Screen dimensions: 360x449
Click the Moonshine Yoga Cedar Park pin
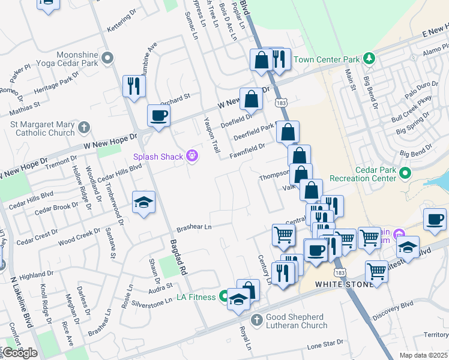[107, 58]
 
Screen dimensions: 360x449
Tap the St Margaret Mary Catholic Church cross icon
[84, 127]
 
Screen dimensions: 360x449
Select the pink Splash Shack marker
[192, 156]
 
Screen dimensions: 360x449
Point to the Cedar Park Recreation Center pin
[405, 174]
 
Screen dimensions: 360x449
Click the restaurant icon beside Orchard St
[134, 86]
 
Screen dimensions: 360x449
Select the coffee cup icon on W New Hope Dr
[159, 116]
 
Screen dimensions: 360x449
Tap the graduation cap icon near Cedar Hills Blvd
[144, 202]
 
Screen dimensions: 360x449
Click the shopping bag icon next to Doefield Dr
[251, 99]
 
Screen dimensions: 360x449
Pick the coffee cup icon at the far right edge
[435, 219]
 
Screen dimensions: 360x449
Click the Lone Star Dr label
[325, 343]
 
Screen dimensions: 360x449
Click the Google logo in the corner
[20, 352]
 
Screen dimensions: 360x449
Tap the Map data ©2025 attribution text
[423, 355]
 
